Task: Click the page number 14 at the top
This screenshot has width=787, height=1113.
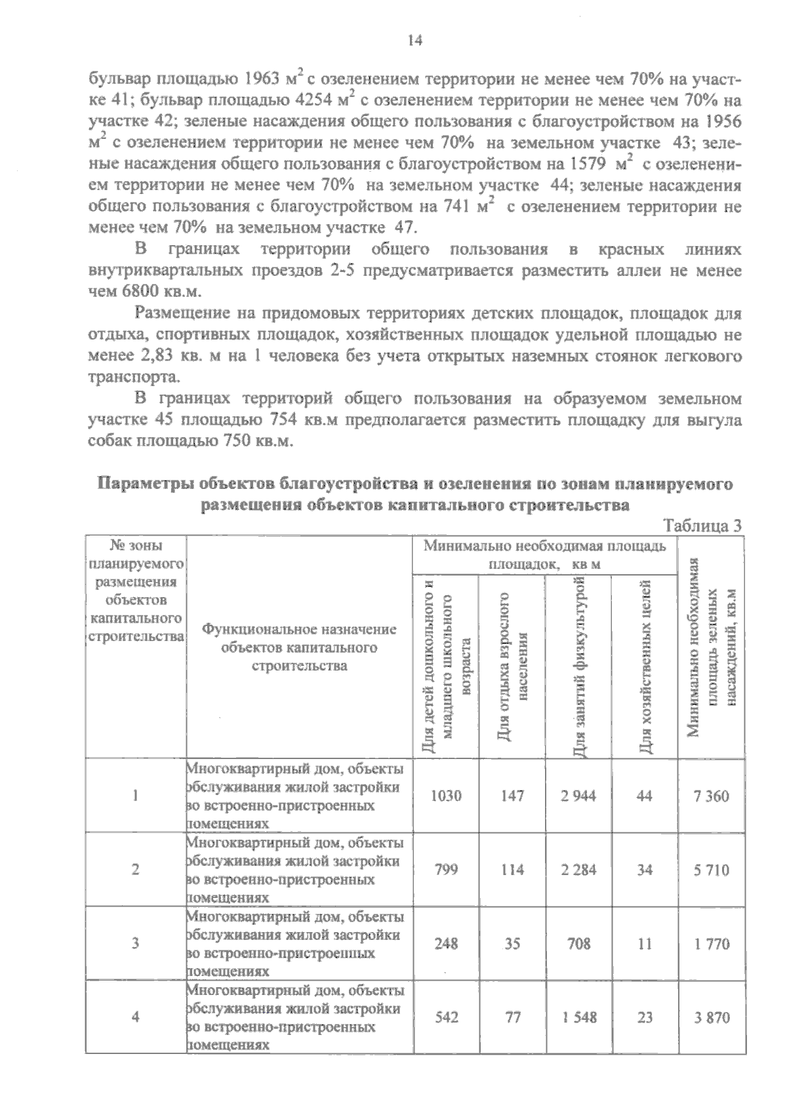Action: pyautogui.click(x=414, y=41)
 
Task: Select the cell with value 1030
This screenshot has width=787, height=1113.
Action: pyautogui.click(x=446, y=796)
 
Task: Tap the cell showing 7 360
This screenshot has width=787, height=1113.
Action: pyautogui.click(x=712, y=796)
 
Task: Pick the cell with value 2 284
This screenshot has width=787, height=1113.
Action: pyautogui.click(x=578, y=870)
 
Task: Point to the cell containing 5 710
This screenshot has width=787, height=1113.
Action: pyautogui.click(x=712, y=870)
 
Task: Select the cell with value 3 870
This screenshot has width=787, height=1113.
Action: pyautogui.click(x=712, y=1018)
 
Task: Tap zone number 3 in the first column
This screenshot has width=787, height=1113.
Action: pyautogui.click(x=135, y=944)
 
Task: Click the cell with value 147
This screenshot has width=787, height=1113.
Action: pyautogui.click(x=512, y=796)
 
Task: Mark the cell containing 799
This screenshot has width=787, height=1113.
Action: pyautogui.click(x=446, y=870)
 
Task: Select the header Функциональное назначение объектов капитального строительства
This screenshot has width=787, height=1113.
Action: pyautogui.click(x=300, y=648)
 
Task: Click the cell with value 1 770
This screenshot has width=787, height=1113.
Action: pyautogui.click(x=712, y=945)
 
